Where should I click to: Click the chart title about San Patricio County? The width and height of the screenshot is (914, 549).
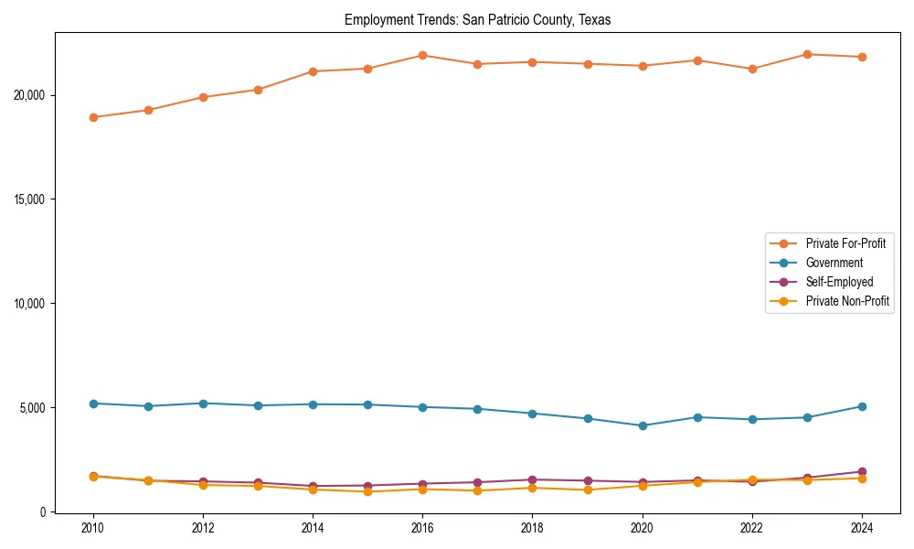[476, 19]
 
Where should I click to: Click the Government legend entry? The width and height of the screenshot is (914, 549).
[834, 263]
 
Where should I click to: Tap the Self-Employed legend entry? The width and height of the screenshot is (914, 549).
[839, 282]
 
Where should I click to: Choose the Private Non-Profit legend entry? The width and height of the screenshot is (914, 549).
[847, 301]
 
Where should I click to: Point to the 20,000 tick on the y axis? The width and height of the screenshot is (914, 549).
[32, 95]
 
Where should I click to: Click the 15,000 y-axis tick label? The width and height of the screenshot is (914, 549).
[32, 199]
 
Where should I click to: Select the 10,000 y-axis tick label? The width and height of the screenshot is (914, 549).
[32, 304]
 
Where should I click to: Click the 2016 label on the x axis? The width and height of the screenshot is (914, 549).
[422, 528]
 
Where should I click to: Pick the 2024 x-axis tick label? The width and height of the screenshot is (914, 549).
[862, 528]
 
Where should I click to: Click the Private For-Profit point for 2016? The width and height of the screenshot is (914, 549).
[422, 55]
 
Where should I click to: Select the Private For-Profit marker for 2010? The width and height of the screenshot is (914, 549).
[93, 117]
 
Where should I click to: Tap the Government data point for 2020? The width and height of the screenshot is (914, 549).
[643, 425]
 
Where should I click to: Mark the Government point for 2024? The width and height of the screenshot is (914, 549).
[862, 406]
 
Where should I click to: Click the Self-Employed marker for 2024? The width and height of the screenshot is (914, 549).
[862, 471]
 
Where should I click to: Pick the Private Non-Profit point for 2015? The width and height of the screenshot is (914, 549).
[367, 491]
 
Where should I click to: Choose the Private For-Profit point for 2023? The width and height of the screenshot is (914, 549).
[807, 54]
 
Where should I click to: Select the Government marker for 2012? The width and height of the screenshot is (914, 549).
[203, 404]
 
